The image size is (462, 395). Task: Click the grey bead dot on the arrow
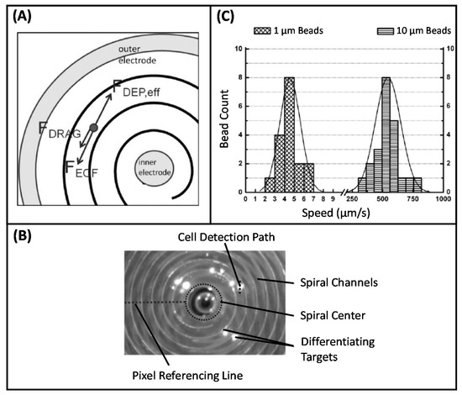[x=94, y=126]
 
